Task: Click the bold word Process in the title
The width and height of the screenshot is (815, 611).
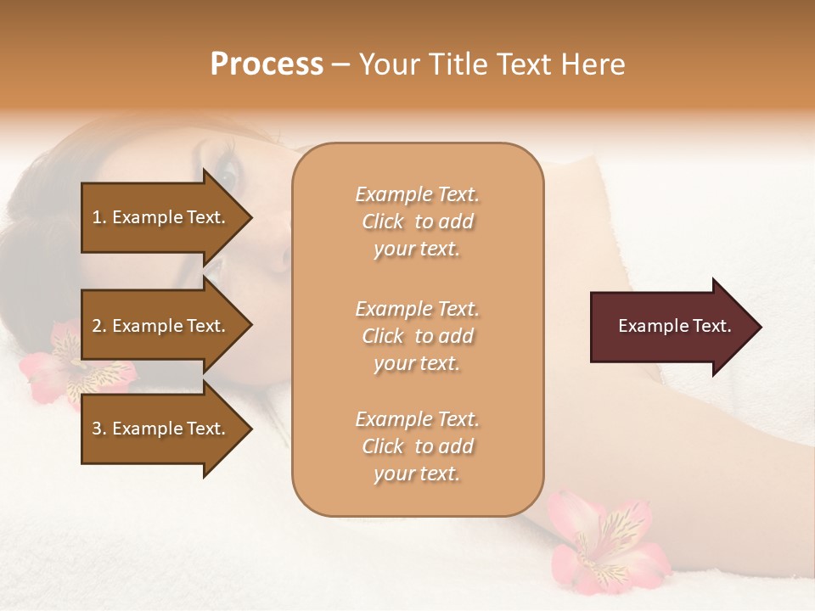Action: pos(267,64)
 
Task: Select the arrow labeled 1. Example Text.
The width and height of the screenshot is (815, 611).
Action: pos(161,217)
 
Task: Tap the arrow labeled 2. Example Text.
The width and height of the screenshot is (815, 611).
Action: pos(161,326)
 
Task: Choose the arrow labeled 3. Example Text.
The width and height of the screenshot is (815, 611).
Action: pos(161,429)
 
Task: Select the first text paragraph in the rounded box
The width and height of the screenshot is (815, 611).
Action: pos(417,221)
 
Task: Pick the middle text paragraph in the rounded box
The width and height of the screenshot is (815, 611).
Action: pos(417,336)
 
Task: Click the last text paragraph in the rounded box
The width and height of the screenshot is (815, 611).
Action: pos(417,446)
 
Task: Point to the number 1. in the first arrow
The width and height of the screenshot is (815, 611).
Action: pos(99,217)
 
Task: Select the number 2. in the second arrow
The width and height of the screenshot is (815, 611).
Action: pos(99,326)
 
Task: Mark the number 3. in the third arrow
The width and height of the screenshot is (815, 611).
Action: pos(99,429)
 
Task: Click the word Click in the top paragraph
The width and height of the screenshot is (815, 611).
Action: pos(384,222)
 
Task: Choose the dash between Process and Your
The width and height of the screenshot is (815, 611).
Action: pos(341,65)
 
